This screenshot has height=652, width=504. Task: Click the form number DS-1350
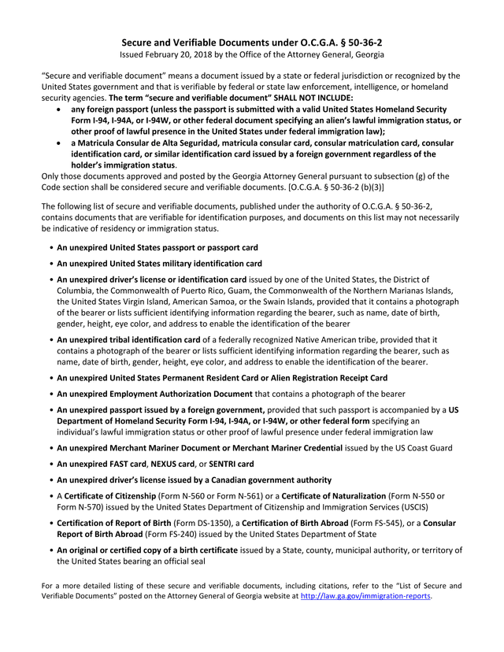[213, 524]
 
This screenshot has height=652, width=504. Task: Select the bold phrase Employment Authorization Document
[154, 393]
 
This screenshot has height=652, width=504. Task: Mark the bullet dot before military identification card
[51, 264]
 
